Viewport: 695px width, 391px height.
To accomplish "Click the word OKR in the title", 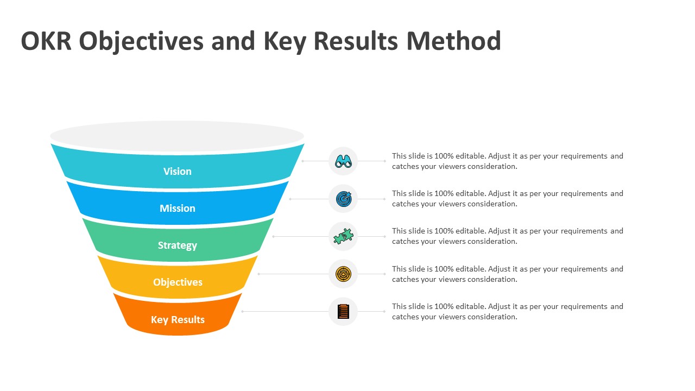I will pos(46,41).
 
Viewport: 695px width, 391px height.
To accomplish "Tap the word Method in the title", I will pos(453,41).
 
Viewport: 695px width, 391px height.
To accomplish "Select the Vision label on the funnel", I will pos(178,171).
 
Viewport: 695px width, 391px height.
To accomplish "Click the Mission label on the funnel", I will pos(178,208).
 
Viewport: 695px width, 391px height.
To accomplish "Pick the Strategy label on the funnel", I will pos(178,245).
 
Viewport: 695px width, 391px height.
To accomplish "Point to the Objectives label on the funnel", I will pos(178,282).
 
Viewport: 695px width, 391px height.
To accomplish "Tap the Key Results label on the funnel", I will pos(178,319).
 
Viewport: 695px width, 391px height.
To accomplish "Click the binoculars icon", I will pos(343,161).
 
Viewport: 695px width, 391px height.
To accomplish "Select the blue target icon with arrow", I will pos(343,199).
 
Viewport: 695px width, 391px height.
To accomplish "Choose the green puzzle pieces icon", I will pos(343,236).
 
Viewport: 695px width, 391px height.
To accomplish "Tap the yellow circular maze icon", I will pos(343,274).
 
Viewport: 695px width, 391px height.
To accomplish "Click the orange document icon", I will pos(343,311).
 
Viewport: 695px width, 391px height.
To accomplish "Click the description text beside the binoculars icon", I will pos(507,161).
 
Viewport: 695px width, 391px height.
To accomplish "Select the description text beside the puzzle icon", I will pos(507,236).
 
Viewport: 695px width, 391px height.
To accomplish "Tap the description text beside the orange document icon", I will pos(507,312).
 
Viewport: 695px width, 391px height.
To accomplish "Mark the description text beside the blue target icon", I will pos(507,199).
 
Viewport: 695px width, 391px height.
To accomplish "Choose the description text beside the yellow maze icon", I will pos(507,274).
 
